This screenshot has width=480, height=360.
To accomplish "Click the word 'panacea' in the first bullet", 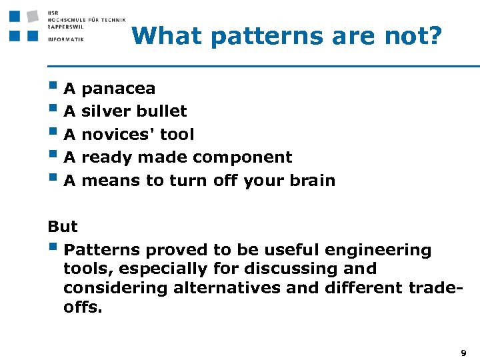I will tap(118, 89).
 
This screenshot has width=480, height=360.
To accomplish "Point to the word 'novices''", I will tap(117, 135).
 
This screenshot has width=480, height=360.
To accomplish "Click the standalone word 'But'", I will tap(63, 227).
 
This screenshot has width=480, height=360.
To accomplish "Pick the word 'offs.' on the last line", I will tap(83, 307).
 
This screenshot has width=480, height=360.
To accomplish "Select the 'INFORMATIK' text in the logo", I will tap(66, 39).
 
